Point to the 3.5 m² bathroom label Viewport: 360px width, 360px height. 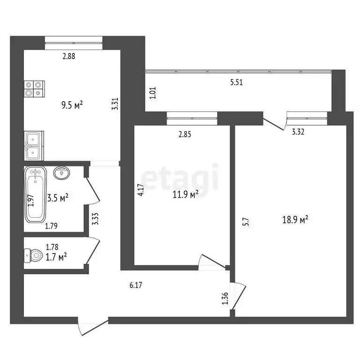tap(58, 198)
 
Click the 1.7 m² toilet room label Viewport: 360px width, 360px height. tap(56, 256)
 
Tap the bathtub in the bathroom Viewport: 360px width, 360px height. tap(36, 195)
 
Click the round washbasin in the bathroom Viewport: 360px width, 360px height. tap(62, 173)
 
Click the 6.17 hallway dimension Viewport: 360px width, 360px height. tap(135, 284)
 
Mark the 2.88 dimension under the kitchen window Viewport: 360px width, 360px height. tap(69, 56)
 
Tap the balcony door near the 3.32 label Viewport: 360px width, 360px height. tap(275, 123)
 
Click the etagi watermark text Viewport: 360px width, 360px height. tap(180, 177)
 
